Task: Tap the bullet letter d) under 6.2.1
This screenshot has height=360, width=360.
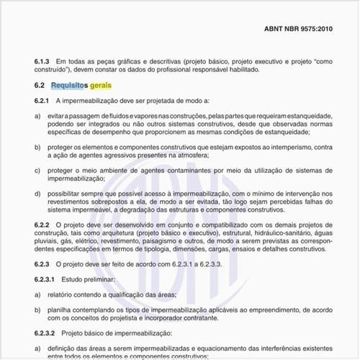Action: tap(37, 194)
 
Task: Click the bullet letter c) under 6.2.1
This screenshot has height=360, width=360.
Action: tap(37, 170)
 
